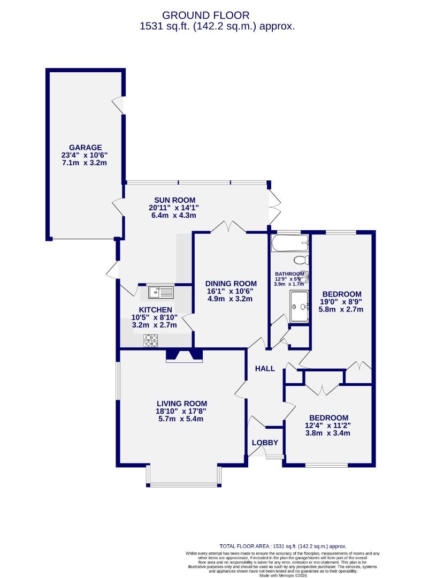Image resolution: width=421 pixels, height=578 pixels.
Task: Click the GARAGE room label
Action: coord(85,148)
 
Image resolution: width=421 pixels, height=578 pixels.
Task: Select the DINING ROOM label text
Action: coord(231,284)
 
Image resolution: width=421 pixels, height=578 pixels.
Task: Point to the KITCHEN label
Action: coord(155,310)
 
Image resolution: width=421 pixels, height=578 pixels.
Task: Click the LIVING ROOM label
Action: coord(181,404)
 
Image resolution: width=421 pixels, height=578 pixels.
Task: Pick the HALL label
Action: coord(265,369)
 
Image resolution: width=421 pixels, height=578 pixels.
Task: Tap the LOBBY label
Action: coord(265,443)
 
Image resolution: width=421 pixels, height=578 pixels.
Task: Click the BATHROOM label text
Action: coord(289,272)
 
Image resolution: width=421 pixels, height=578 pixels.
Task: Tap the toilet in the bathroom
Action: coord(301,261)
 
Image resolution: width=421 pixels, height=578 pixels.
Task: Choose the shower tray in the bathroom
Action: coord(300,307)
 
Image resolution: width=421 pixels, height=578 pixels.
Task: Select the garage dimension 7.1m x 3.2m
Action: coord(85,163)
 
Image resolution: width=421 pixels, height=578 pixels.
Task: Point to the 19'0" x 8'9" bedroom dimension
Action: coord(341,302)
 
